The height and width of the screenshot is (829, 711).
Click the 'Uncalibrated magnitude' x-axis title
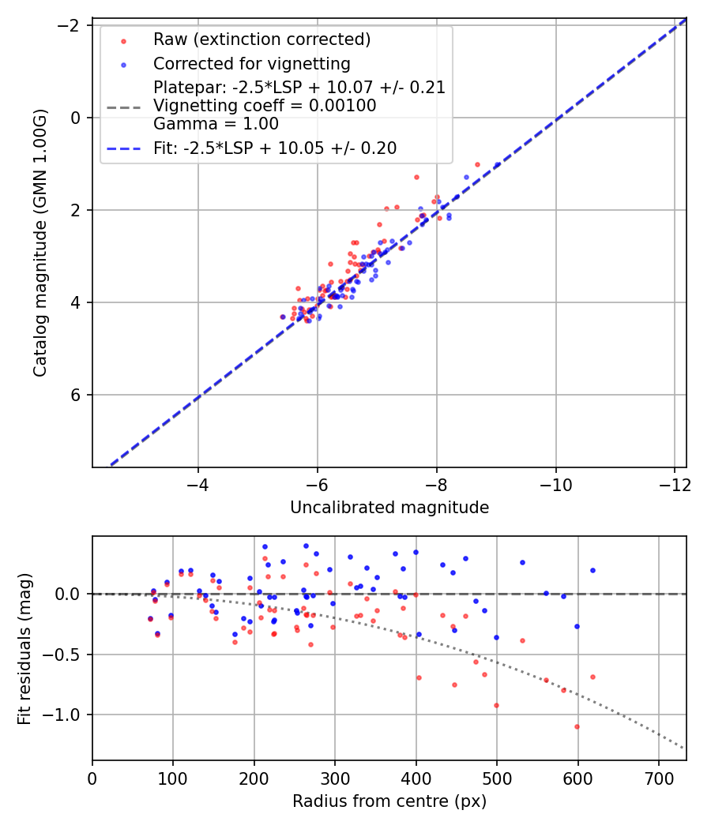point(389,508)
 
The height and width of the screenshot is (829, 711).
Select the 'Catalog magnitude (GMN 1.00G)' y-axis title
point(40,243)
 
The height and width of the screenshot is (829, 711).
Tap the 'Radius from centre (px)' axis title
point(389,801)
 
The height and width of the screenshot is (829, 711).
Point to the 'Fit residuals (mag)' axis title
point(24,648)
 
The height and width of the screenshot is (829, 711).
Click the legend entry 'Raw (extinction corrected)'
point(262,39)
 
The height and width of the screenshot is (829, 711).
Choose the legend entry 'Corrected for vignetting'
point(252,63)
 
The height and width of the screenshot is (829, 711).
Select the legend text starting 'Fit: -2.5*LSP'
point(275,148)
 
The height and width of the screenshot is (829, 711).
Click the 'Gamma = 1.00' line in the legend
point(216,124)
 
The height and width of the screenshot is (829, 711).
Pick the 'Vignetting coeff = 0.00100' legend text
point(265,106)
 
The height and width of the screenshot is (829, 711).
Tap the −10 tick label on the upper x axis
point(555,484)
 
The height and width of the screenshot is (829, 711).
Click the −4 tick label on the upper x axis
point(198,484)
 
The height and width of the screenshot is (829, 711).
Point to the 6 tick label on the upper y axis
point(77,395)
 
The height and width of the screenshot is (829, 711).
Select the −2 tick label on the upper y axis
point(71,25)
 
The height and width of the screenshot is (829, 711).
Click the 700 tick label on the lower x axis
point(659,778)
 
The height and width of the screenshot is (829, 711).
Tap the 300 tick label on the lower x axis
point(335,778)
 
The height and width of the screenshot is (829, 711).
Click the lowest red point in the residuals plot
point(577,726)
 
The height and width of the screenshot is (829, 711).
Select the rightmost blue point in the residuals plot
point(592,570)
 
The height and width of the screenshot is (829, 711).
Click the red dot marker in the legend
point(123,40)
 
